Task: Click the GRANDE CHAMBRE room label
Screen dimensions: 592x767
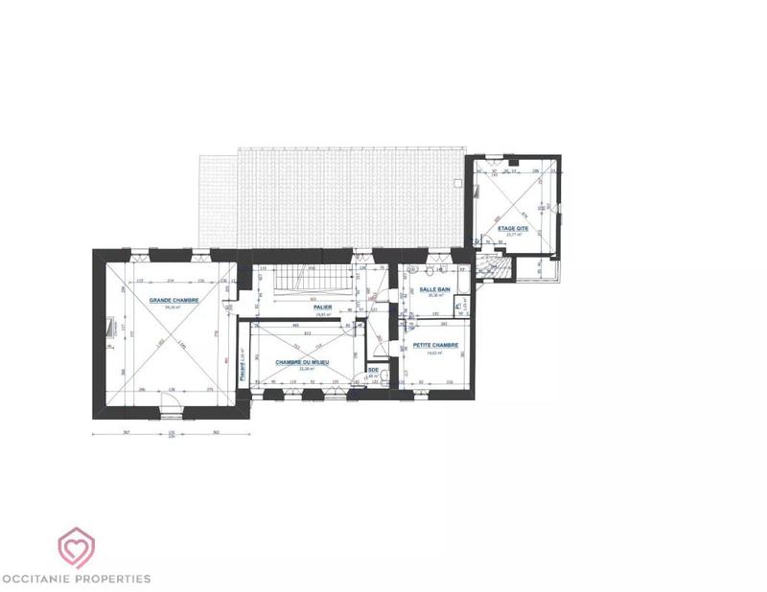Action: pos(174,300)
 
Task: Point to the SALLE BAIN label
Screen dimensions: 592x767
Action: pos(431,288)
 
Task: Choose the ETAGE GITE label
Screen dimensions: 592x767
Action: pos(513,228)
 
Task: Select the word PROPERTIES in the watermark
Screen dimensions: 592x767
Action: pos(116,578)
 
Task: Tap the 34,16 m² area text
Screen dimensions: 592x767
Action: pos(173,307)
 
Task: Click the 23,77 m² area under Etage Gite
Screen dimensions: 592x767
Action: pos(512,235)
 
